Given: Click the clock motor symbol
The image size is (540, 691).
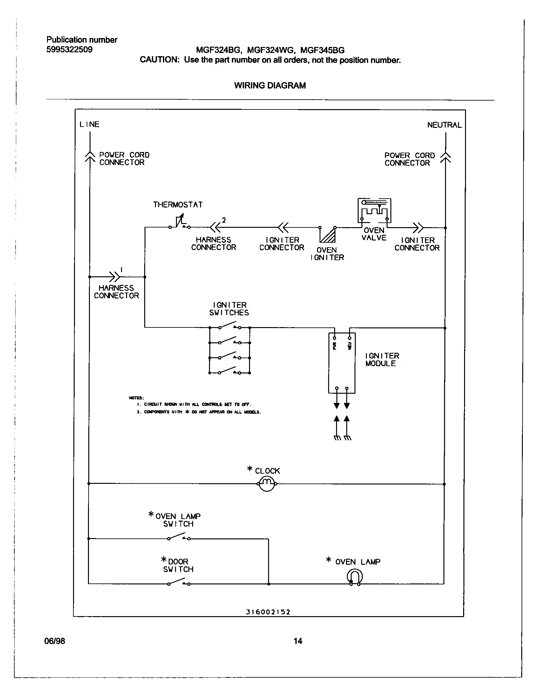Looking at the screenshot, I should pos(267,484).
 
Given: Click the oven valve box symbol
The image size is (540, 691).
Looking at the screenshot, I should pos(374,211).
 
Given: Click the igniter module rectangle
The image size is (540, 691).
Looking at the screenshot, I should pos(342,363).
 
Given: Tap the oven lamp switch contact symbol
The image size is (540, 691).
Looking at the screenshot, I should pos(179,537).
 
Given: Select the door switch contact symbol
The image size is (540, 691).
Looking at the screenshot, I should pos(179,583).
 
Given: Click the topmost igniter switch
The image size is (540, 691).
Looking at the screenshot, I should pos(229,326).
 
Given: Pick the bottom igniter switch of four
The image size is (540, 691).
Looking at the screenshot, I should pos(229,372).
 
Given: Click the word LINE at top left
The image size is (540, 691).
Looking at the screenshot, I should pos(89,124).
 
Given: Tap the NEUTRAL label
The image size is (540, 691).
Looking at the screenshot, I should pos(444,125).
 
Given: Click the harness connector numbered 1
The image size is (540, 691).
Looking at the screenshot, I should pos(115,277).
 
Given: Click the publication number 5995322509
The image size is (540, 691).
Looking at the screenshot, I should pos(69,50).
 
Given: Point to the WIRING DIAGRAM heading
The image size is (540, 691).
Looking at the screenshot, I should pos(270,85).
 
